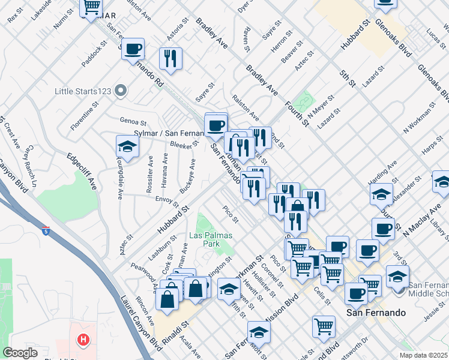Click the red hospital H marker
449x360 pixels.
(x=83, y=340)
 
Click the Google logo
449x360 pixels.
(x=20, y=353)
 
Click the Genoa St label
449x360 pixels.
(x=133, y=122)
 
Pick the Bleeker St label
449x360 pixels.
(x=184, y=143)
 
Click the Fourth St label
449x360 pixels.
(x=297, y=112)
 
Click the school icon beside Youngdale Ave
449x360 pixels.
(x=127, y=146)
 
